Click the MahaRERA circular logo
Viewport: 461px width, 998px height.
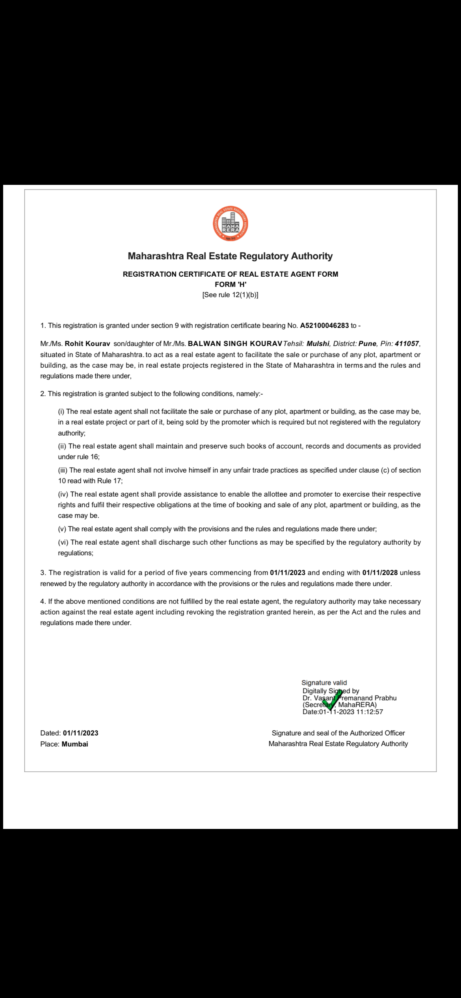230,223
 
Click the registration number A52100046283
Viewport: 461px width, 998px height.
324,326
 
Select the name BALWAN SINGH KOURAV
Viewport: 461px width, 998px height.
235,344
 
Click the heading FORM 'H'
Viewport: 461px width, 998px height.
230,285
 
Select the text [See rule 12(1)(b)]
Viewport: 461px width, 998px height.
230,295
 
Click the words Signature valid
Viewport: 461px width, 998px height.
324,683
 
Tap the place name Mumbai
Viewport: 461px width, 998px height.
75,744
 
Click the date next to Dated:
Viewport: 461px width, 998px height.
80,733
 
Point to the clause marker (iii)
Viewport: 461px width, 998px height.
63,470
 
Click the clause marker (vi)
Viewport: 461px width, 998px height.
63,542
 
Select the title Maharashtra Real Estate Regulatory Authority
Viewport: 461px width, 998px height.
230,256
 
